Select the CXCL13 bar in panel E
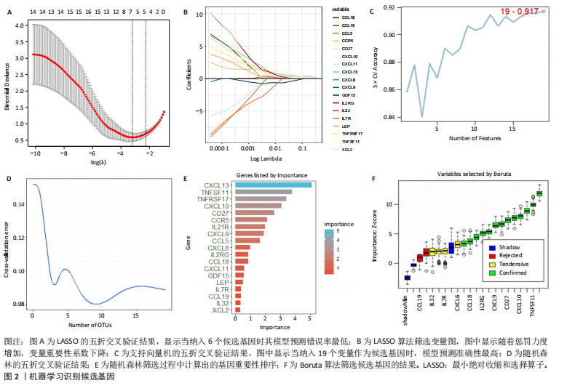coord(273,185)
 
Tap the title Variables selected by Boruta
coord(478,175)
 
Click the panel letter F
coord(374,177)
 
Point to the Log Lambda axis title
coord(266,157)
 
